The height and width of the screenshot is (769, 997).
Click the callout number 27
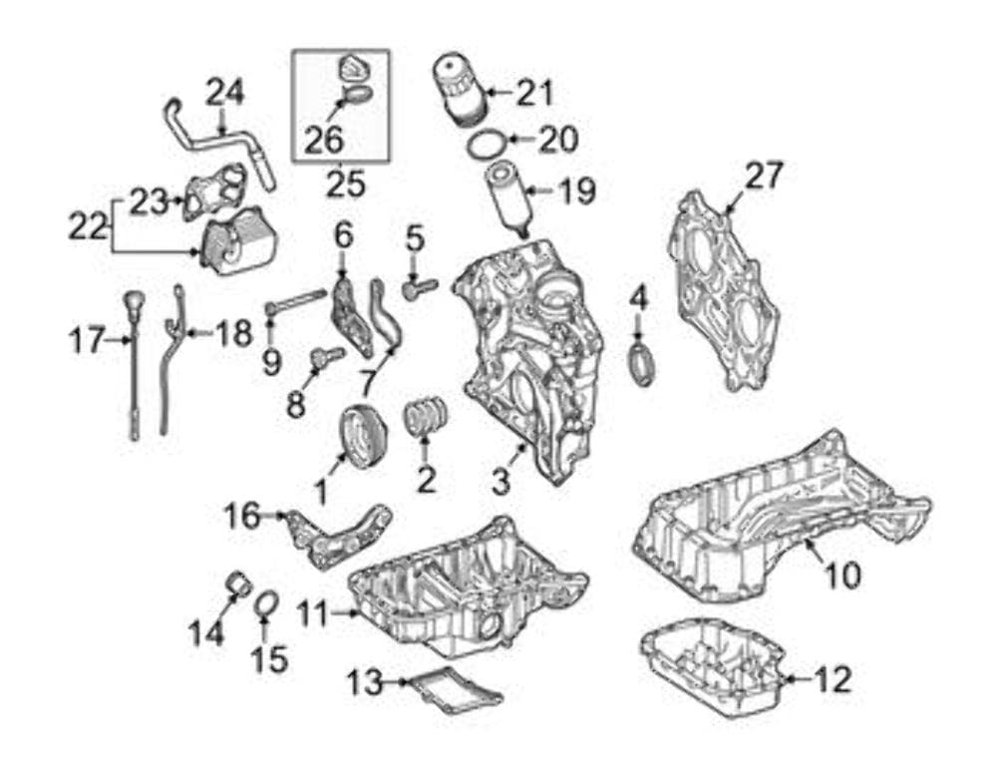pyautogui.click(x=764, y=177)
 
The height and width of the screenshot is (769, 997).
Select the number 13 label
pyautogui.click(x=365, y=683)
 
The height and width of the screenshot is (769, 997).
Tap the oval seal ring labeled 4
pyautogui.click(x=641, y=362)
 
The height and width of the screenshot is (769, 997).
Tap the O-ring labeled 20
pyautogui.click(x=485, y=145)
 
